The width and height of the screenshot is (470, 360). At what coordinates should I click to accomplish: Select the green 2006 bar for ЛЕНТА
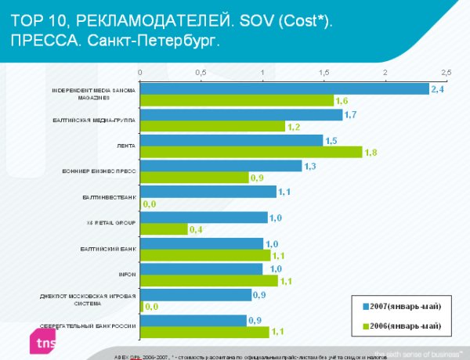coord(251,153)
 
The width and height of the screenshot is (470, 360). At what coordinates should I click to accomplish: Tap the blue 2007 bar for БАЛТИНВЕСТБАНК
coord(208,191)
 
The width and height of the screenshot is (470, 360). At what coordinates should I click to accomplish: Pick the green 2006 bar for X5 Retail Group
coord(164,229)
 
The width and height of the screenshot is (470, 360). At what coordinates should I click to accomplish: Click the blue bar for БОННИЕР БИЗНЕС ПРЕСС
coord(221,166)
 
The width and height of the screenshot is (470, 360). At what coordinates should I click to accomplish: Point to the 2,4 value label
coord(436,89)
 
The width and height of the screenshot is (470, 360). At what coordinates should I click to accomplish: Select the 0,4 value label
coord(196,229)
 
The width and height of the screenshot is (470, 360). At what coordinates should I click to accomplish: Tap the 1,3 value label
coord(309,166)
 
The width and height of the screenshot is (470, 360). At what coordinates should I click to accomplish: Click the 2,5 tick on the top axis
coord(446,72)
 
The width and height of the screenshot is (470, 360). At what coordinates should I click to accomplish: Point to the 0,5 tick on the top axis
coord(201,72)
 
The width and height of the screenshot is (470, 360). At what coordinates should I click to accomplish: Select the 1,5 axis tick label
coord(324,72)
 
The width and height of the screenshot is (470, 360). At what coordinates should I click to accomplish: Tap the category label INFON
coord(128,274)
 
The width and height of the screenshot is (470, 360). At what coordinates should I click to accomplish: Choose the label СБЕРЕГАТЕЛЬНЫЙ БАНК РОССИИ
coord(89,325)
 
